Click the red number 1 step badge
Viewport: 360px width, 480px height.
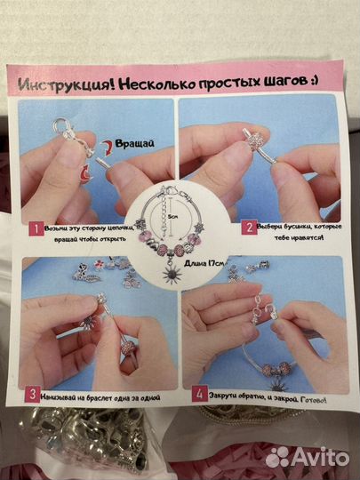(34, 228)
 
